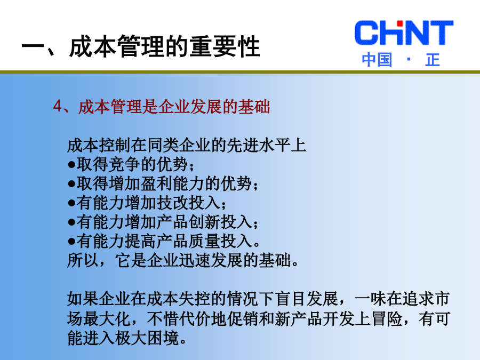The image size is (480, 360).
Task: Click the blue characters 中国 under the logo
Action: [377, 60]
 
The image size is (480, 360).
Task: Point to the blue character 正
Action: [433, 60]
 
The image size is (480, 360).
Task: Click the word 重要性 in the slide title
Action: [225, 46]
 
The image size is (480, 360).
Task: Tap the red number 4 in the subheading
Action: [57, 107]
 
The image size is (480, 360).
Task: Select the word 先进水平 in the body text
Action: [258, 145]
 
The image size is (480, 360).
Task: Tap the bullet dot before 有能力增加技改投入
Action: [71, 203]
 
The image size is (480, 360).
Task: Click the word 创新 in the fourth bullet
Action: [204, 222]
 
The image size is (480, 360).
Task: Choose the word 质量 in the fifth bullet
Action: [204, 241]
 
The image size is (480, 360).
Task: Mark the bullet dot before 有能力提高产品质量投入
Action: [71, 242]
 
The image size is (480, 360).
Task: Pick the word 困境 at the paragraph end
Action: [163, 338]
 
